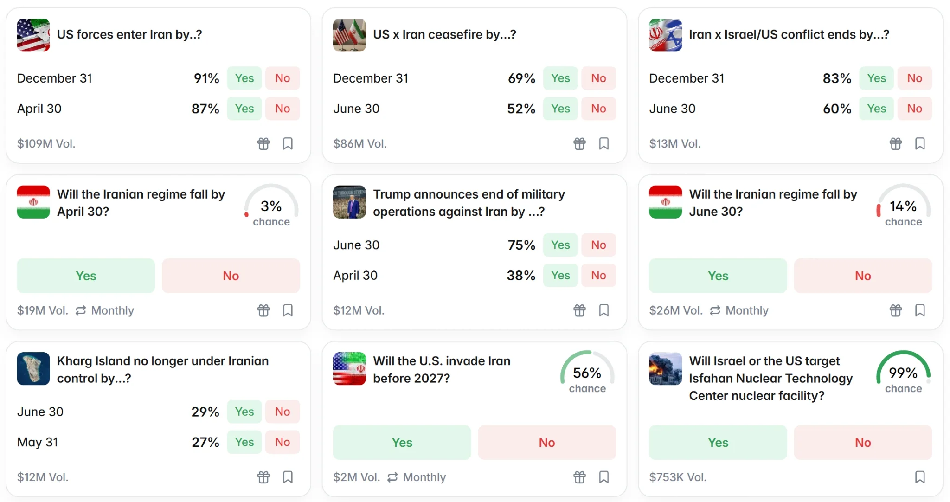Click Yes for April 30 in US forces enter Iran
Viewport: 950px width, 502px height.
pos(244,109)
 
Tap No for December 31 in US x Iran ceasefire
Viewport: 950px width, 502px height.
pos(598,78)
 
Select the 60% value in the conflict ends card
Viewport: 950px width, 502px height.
pos(837,109)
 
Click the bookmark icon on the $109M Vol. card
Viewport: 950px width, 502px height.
pos(288,144)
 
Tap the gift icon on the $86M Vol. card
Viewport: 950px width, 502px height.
pos(579,144)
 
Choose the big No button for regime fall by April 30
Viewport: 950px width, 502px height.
pos(231,276)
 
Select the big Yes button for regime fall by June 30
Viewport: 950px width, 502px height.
pos(718,276)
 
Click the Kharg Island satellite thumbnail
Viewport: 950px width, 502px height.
pos(33,369)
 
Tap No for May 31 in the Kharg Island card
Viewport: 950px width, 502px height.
pos(282,442)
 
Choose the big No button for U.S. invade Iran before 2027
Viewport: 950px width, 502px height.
pos(546,443)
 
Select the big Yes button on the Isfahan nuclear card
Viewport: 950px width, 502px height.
pos(718,443)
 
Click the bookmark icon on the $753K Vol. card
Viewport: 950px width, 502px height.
pos(920,477)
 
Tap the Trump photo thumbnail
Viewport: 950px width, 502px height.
pos(349,202)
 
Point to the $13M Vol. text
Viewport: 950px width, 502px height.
pos(675,144)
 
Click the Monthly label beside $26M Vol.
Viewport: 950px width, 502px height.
pos(747,310)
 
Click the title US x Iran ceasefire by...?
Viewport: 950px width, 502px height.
pos(444,34)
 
